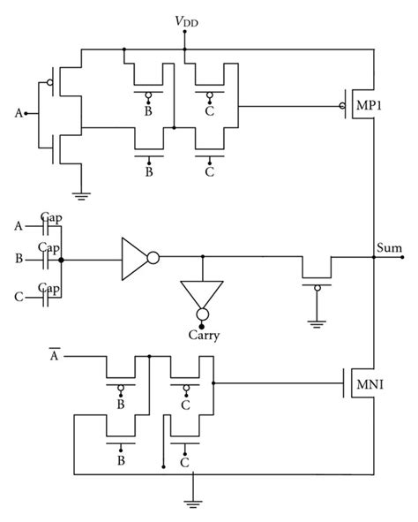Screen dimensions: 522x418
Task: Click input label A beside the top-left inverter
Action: point(19,112)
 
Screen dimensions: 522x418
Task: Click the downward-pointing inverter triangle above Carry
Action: point(202,296)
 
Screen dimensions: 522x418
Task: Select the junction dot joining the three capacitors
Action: point(60,260)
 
